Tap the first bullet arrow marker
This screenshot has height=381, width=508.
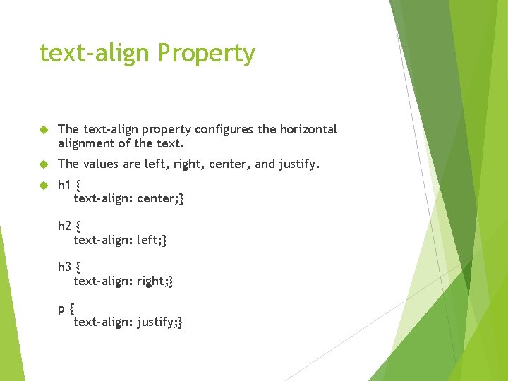click(43, 130)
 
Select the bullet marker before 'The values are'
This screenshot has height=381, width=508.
click(43, 164)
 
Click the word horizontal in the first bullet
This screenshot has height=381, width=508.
click(308, 129)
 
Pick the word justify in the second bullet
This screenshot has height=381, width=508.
click(298, 164)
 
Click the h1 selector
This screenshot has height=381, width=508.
click(64, 186)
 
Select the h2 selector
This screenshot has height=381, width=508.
click(64, 226)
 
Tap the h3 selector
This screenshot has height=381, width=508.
click(64, 267)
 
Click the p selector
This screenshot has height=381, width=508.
click(62, 309)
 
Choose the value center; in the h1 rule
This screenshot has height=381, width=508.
click(160, 199)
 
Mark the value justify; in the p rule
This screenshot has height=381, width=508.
click(159, 322)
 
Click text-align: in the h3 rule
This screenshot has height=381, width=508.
click(103, 281)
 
